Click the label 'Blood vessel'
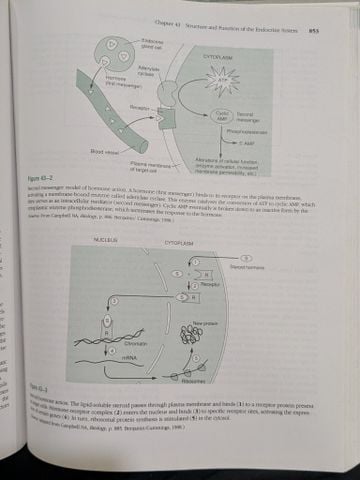click(103, 151)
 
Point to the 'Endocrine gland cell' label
click(152, 42)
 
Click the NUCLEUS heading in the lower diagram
click(105, 242)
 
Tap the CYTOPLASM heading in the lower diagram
click(179, 243)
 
